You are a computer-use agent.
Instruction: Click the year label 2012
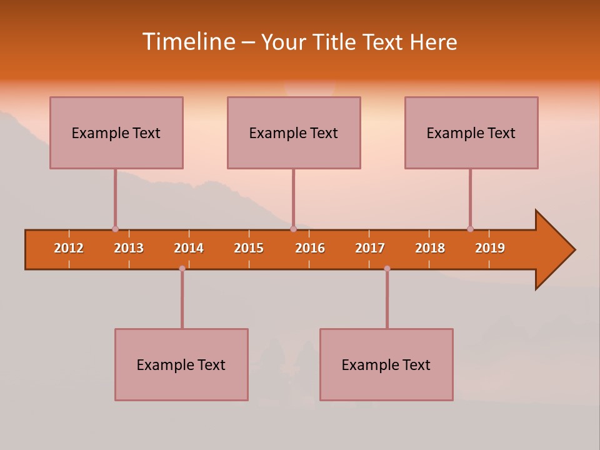[69, 248]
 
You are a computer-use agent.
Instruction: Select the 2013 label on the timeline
[129, 248]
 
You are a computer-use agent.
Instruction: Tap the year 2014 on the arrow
[189, 248]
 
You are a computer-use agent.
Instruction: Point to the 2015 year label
[249, 248]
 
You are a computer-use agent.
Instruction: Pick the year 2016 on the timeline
[310, 248]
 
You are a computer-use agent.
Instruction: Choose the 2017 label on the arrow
[370, 248]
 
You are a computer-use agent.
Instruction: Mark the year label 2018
[430, 248]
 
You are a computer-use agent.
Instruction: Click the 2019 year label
[490, 248]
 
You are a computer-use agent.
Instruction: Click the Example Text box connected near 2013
[116, 132]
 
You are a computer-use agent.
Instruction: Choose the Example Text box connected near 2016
[294, 132]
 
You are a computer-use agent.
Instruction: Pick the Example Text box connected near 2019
[471, 132]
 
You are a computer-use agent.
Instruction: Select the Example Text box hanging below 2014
[181, 364]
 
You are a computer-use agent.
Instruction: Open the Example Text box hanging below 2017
[386, 364]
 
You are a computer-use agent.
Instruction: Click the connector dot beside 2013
[115, 229]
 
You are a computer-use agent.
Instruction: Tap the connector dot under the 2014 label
[182, 268]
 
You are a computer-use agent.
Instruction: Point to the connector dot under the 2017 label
[387, 268]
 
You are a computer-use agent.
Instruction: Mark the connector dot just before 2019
[470, 229]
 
